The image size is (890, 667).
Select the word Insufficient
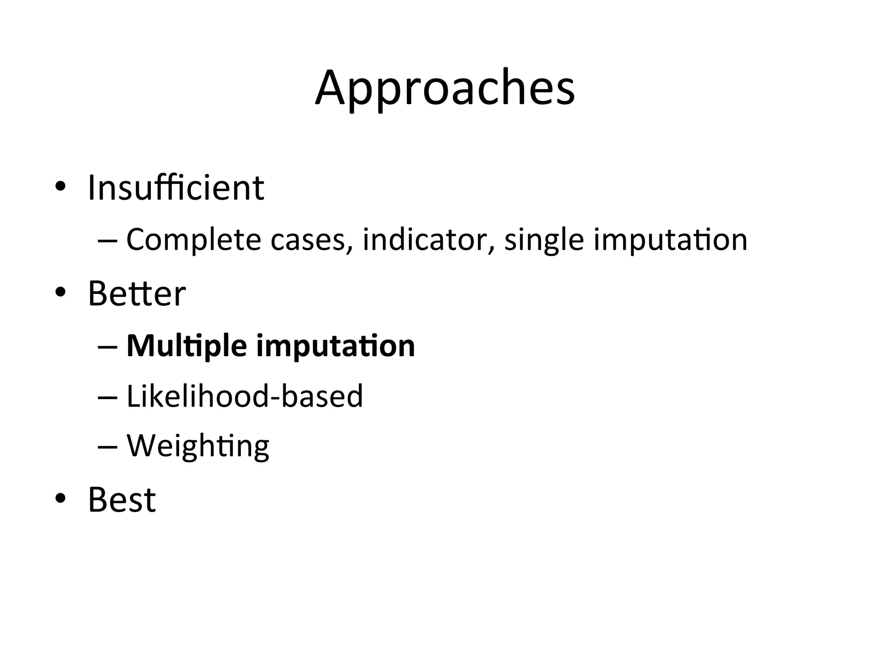coord(176,188)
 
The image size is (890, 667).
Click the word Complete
coord(193,240)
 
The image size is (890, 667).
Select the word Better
coord(137,294)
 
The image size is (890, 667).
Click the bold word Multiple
coord(187,347)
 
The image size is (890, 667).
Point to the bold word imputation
coord(335,347)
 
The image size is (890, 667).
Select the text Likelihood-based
coord(244,396)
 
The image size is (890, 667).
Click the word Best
coord(122,499)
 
